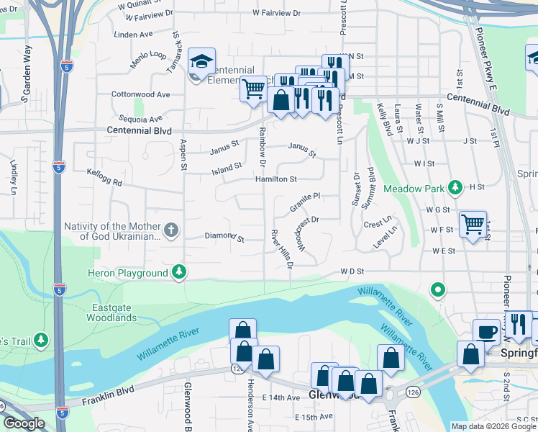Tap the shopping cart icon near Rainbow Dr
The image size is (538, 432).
pos(253,89)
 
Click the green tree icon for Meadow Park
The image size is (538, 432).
pos(455,188)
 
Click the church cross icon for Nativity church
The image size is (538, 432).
pos(170,230)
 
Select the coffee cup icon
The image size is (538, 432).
pos(486,333)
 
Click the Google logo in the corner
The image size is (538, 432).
pos(23,423)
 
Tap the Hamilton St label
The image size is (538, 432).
pos(275,179)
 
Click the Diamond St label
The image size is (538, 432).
pos(224,236)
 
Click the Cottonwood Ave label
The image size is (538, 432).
pos(141,94)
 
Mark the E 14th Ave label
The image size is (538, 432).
pos(281,397)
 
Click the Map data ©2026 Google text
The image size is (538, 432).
pos(493,426)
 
